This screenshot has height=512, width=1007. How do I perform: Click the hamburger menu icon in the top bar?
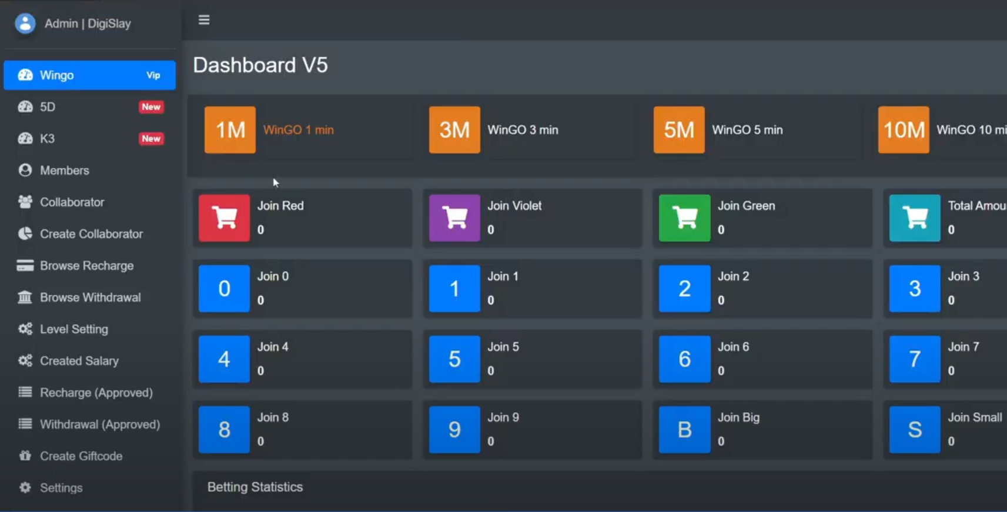[x=204, y=20]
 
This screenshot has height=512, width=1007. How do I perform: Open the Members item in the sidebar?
[x=64, y=170]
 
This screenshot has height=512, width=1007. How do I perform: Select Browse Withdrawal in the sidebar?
[x=90, y=297]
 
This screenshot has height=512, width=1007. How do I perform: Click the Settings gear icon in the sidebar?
[x=25, y=487]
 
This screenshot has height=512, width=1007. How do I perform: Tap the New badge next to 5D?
[x=151, y=107]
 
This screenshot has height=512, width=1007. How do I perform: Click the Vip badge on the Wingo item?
[x=153, y=75]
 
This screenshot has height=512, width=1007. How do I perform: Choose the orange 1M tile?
[x=230, y=130]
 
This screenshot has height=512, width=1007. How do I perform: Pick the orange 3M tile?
[x=454, y=130]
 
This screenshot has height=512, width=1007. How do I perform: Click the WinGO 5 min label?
[x=747, y=130]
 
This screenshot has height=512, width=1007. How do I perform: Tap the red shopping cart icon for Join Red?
[x=224, y=218]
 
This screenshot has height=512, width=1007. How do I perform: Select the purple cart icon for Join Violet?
[x=454, y=218]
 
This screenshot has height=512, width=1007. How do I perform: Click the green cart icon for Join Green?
[x=684, y=218]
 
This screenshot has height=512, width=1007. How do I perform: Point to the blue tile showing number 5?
[x=454, y=359]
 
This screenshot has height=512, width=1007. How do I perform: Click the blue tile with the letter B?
[x=684, y=430]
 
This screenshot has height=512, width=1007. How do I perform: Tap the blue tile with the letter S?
[x=915, y=430]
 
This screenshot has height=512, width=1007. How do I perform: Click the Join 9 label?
[x=503, y=417]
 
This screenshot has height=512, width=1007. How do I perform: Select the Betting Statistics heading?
[x=255, y=487]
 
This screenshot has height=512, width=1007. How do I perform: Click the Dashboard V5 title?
[x=260, y=65]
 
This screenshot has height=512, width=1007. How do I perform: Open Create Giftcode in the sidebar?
[x=81, y=456]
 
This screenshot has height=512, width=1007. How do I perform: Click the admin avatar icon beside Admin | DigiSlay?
[x=25, y=24]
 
